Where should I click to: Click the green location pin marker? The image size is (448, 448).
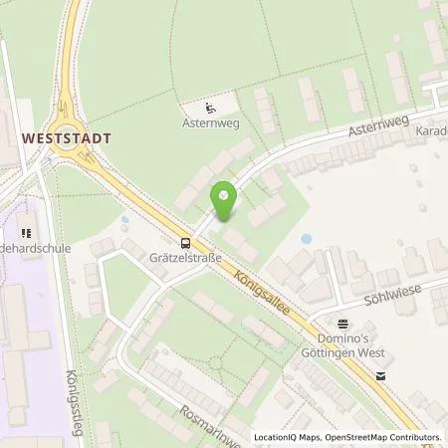click(x=224, y=202)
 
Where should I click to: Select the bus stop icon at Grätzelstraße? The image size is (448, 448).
click(x=185, y=243)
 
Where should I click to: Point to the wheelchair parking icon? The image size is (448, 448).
click(x=210, y=109)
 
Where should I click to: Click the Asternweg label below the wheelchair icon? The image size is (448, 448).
click(x=210, y=125)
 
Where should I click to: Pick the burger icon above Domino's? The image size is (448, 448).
click(x=342, y=323)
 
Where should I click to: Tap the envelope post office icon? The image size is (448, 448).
click(x=380, y=376)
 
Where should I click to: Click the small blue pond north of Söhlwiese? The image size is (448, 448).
click(x=306, y=239)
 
